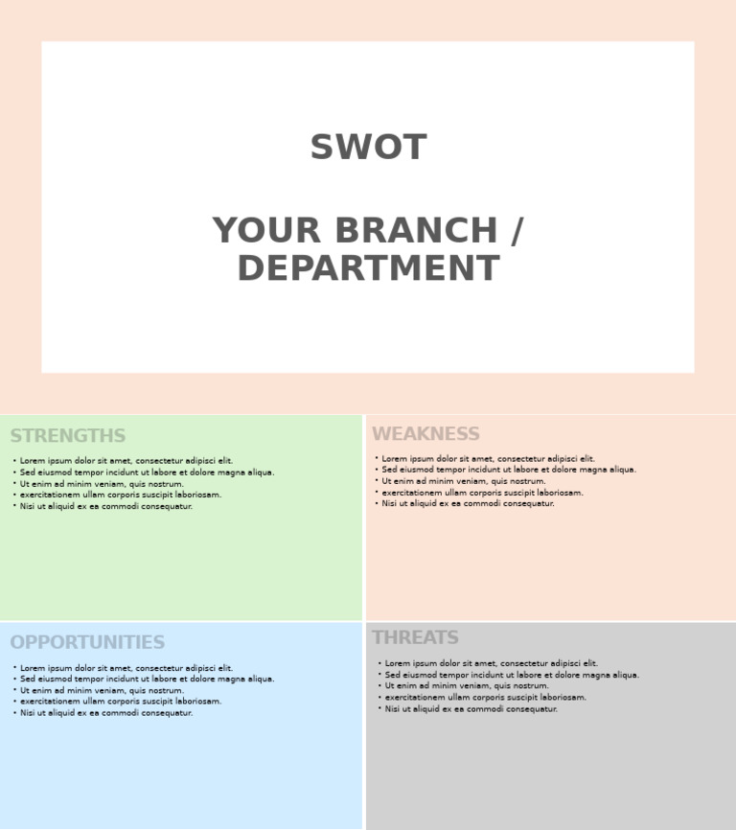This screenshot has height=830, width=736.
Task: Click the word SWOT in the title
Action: [368, 149]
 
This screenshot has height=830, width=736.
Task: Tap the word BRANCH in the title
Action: [416, 232]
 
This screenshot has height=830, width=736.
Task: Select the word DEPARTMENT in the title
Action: [368, 269]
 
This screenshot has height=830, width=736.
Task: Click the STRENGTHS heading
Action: [68, 437]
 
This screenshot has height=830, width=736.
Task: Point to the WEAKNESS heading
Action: [425, 434]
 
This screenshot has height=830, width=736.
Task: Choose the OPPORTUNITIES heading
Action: [87, 643]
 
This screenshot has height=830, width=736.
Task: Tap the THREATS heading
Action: [415, 638]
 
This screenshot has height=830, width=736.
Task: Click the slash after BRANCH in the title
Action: [517, 232]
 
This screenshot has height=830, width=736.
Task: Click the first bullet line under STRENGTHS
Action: [126, 461]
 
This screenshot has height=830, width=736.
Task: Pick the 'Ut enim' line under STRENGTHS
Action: [102, 484]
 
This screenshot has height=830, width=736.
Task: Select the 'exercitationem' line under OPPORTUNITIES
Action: [120, 702]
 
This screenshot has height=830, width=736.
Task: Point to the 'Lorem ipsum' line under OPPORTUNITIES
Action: [126, 668]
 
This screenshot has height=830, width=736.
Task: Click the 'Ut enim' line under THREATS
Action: [467, 686]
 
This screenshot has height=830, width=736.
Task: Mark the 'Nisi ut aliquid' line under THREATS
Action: [471, 709]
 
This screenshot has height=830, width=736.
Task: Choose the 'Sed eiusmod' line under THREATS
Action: [511, 675]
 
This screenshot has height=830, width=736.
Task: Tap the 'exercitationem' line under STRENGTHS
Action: [120, 496]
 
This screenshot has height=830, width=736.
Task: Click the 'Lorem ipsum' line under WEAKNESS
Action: [488, 459]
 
